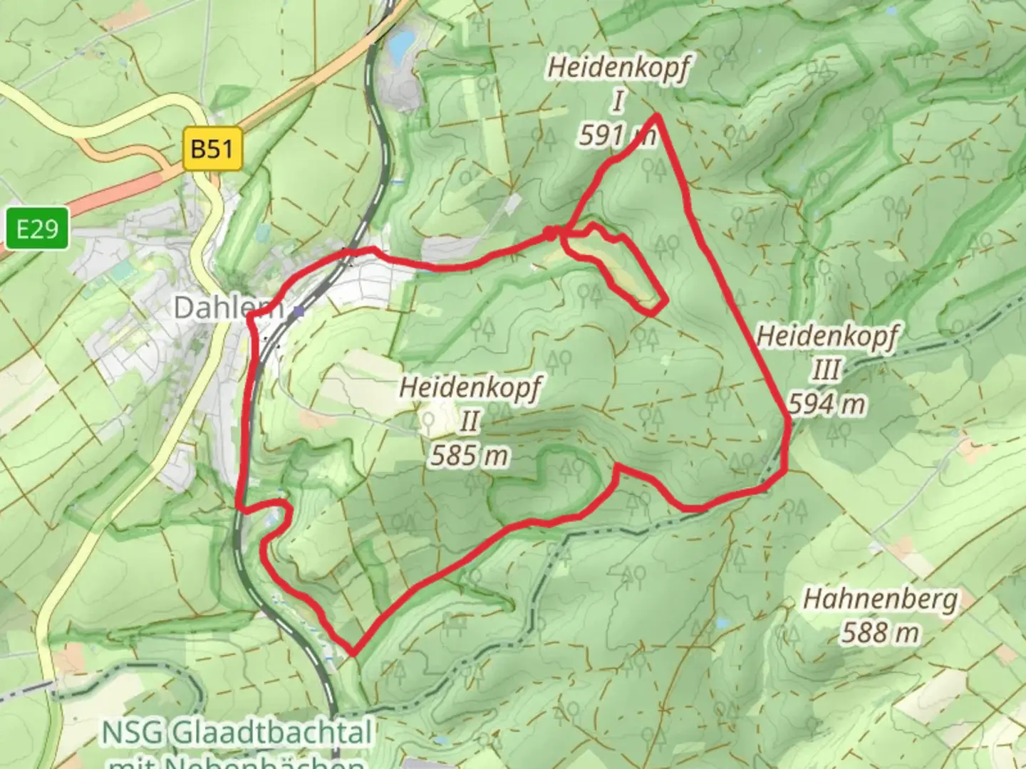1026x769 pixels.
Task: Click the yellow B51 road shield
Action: click(212, 149)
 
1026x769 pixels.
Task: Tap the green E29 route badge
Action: click(37, 229)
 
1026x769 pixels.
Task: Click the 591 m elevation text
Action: click(616, 134)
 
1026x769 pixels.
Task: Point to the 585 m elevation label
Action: click(469, 454)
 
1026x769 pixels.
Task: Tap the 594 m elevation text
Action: click(826, 404)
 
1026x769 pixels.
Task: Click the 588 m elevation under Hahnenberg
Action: click(880, 632)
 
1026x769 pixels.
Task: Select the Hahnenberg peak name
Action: click(880, 599)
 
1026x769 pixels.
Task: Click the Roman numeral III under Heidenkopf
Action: click(826, 370)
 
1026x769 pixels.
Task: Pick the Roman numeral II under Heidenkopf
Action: click(469, 422)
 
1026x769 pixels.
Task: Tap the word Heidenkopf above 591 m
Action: click(618, 68)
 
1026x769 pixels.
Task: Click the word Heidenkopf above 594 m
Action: click(826, 336)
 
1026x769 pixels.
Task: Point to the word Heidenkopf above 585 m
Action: click(470, 388)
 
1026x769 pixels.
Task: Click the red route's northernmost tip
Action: click(656, 115)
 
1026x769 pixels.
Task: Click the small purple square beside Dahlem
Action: click(299, 311)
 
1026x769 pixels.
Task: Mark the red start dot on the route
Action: click(550, 232)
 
